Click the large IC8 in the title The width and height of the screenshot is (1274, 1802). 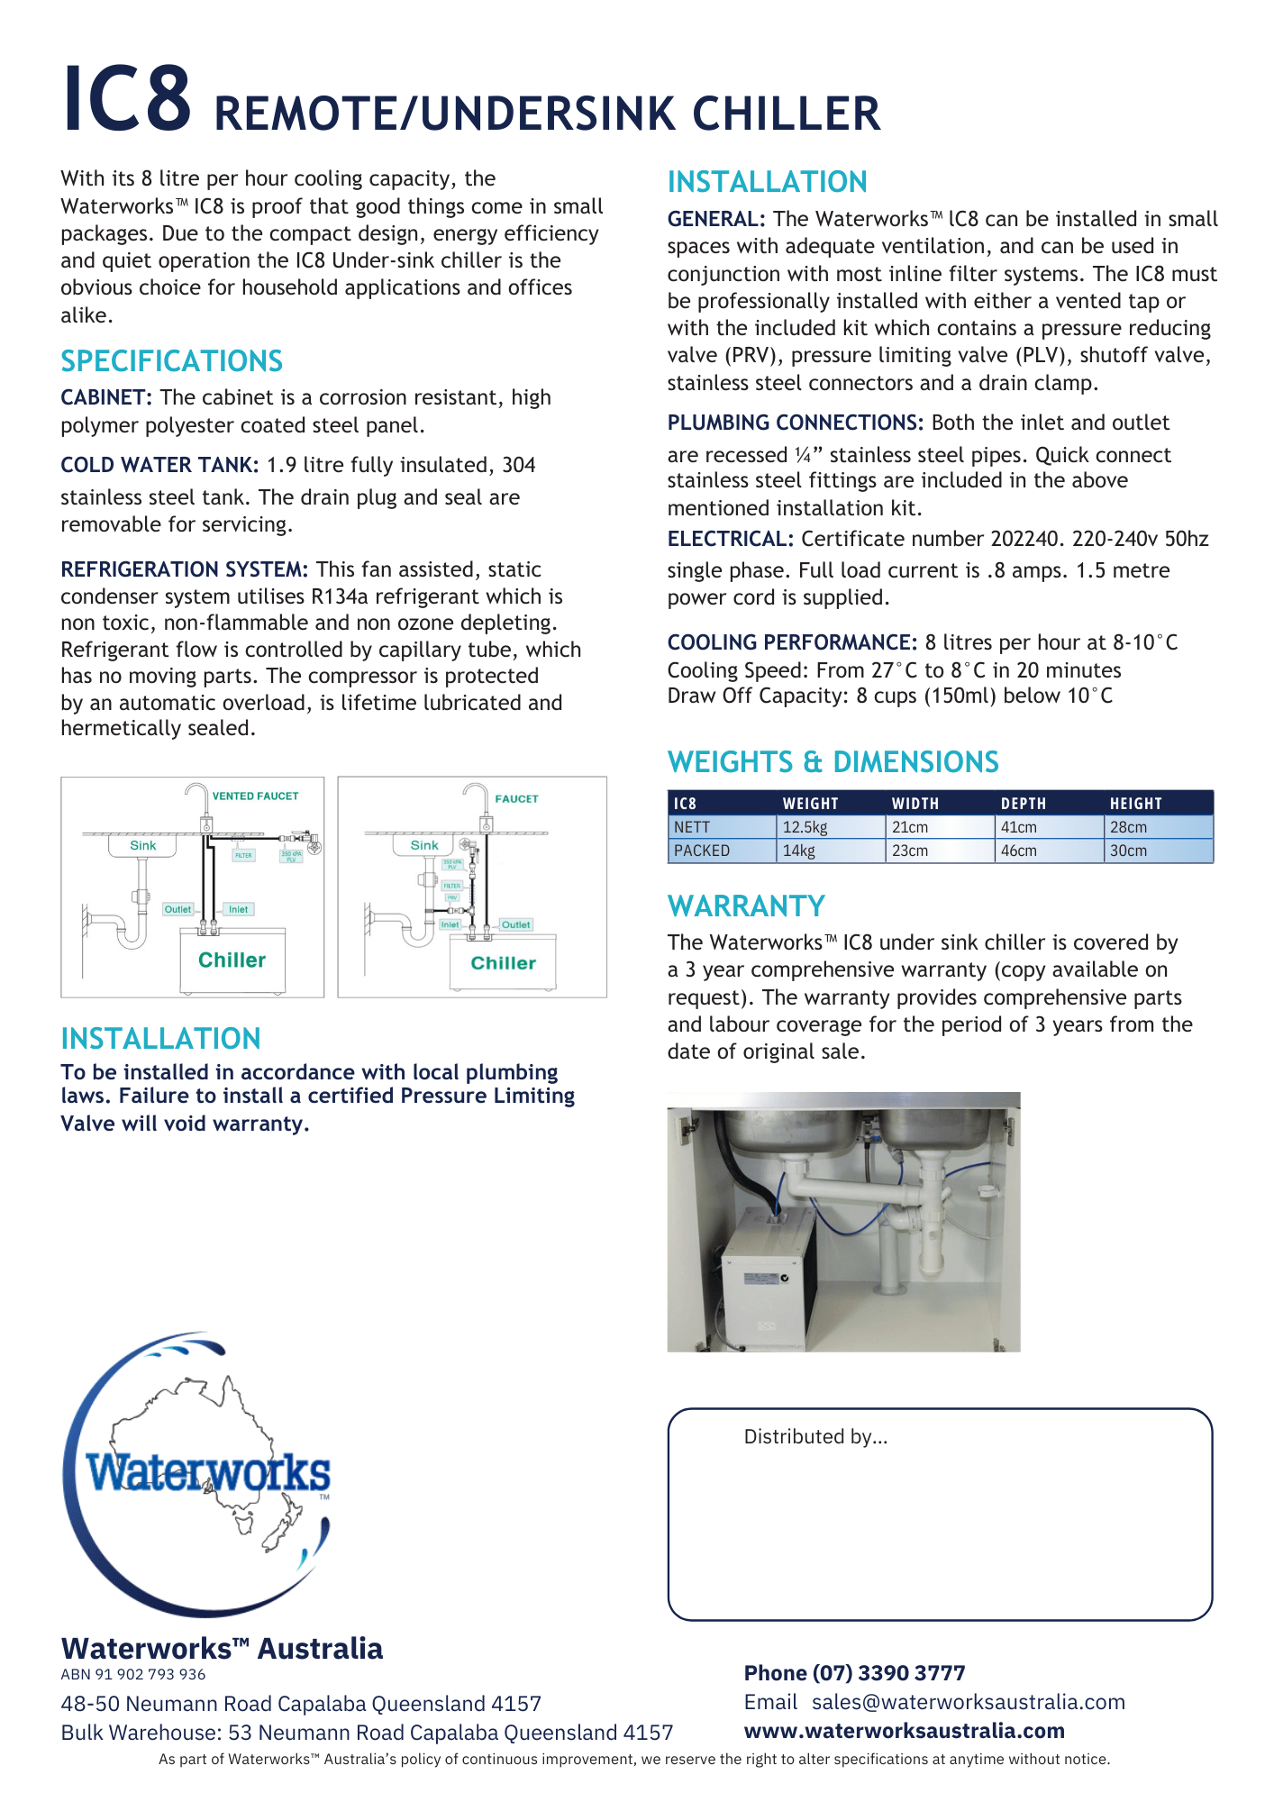126,99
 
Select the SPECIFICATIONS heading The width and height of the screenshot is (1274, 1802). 171,361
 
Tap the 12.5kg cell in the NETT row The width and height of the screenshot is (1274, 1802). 805,827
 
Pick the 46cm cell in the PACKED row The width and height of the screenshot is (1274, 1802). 1018,851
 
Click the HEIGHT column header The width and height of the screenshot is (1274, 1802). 1135,804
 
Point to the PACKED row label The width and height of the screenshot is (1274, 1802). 702,851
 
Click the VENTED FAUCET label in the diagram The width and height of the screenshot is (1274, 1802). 255,796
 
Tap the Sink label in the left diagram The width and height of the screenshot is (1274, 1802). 142,845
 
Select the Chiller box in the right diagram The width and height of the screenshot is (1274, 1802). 503,963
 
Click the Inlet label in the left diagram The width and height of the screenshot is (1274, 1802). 238,909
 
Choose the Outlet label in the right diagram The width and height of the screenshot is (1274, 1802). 515,924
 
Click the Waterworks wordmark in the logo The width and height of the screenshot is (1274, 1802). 208,1474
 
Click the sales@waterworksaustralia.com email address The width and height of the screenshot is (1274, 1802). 968,1702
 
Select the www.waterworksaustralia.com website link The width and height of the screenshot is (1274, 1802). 904,1731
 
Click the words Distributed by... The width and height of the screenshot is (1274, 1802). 815,1437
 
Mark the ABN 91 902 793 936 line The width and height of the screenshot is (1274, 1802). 133,1674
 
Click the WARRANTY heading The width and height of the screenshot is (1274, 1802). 746,906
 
